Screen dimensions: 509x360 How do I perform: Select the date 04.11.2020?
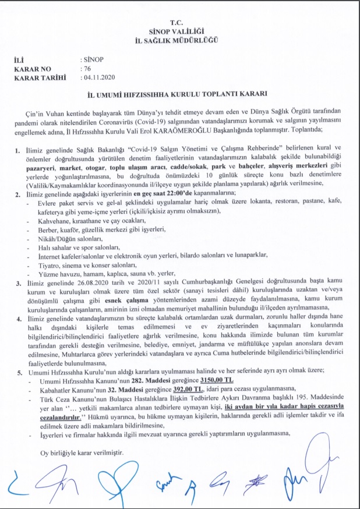[x=100, y=76]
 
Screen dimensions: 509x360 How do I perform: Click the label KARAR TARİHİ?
[x=38, y=76]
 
